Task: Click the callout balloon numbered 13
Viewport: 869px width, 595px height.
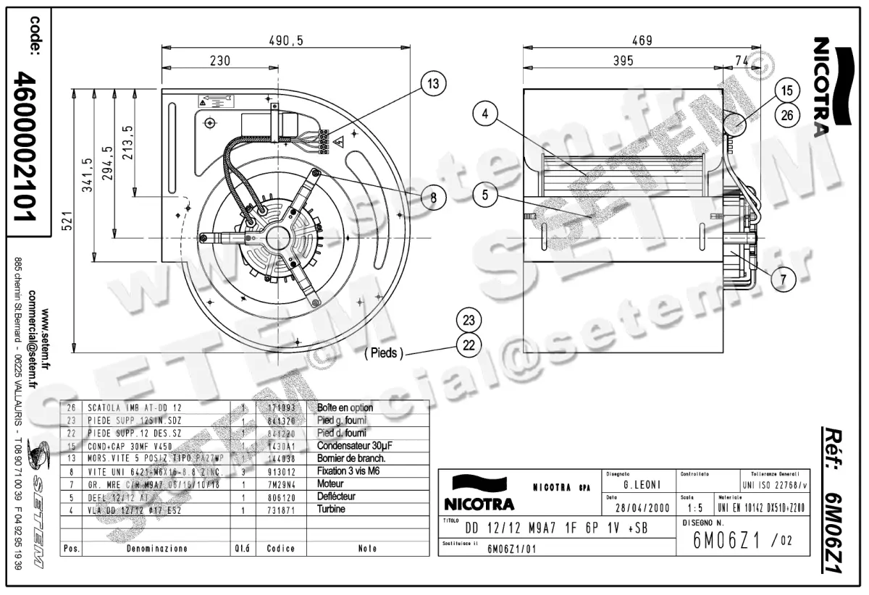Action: (x=432, y=85)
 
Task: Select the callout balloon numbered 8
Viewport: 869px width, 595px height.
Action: (x=432, y=198)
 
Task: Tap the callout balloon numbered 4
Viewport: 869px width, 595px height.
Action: (x=486, y=113)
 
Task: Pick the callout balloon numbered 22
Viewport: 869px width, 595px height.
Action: (x=469, y=345)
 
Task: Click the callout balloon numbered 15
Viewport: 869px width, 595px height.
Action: (x=788, y=90)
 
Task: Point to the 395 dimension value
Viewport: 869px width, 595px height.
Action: (x=622, y=61)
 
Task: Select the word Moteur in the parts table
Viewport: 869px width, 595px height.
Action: (x=332, y=484)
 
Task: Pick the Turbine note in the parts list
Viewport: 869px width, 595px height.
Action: (x=332, y=510)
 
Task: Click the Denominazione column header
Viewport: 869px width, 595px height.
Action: (x=157, y=549)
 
